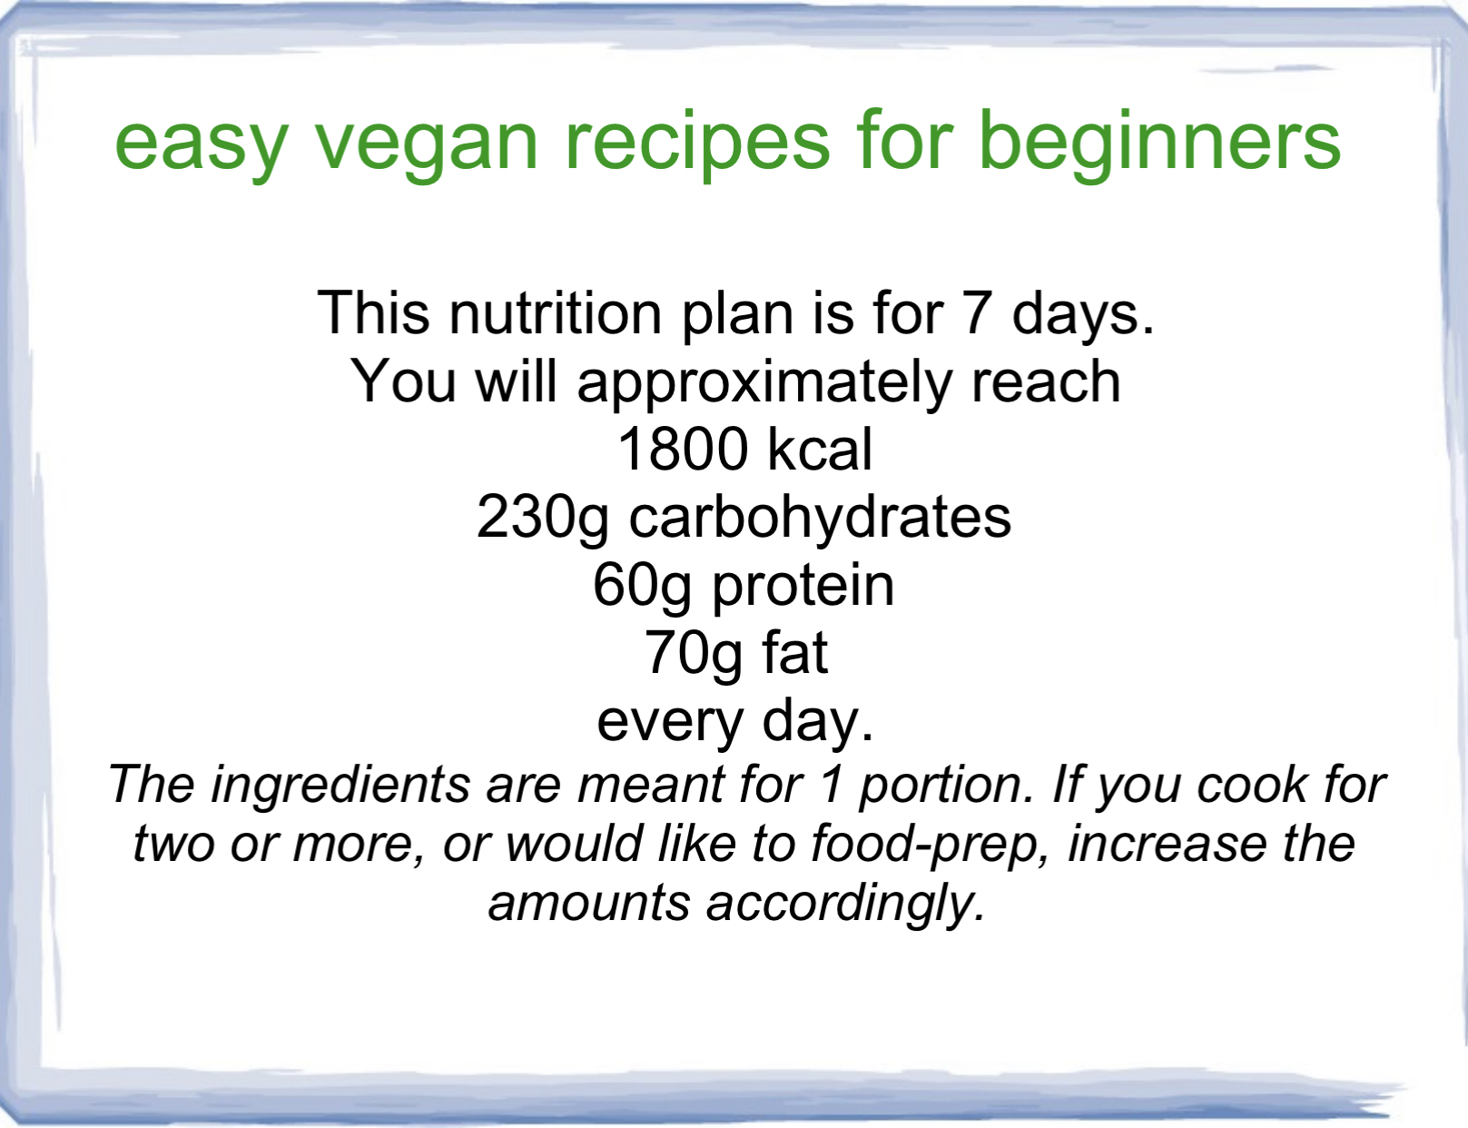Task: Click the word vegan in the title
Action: tap(427, 144)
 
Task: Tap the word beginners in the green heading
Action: tap(1158, 144)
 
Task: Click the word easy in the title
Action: tap(202, 144)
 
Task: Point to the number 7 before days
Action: tap(977, 313)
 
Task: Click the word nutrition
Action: tap(555, 313)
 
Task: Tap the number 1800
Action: tap(682, 450)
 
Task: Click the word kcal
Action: tap(820, 450)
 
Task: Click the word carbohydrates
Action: tap(820, 517)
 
